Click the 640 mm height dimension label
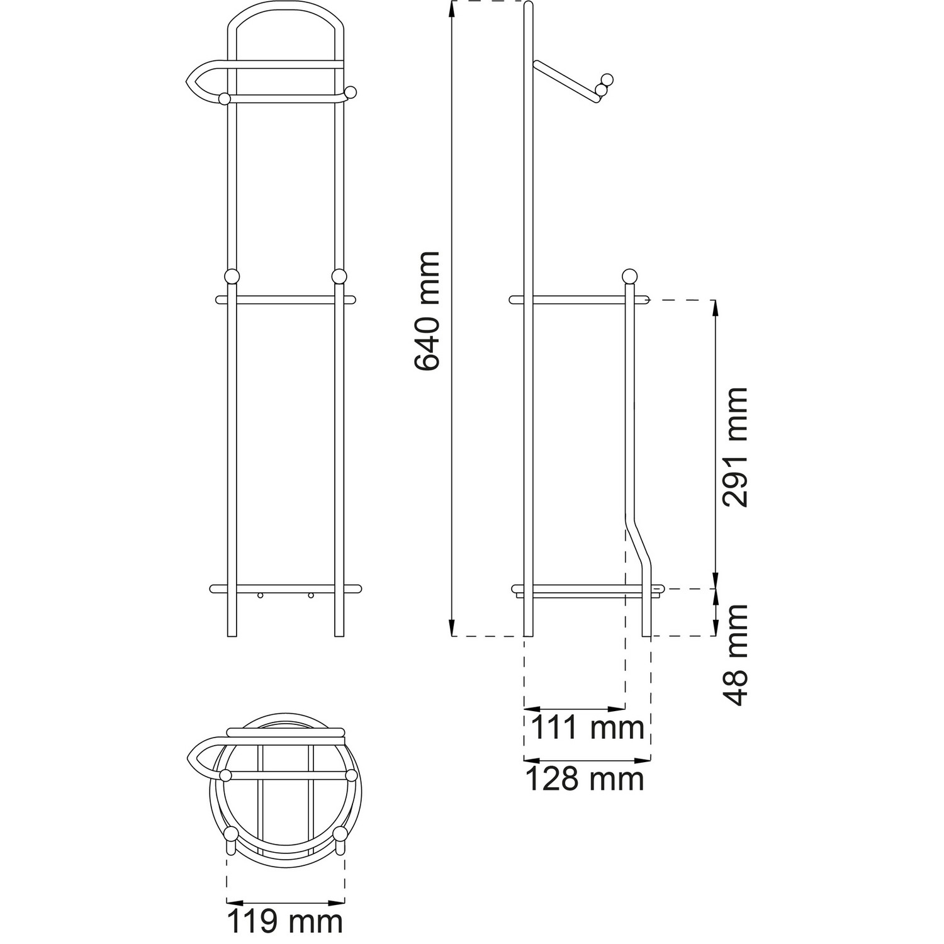(x=427, y=311)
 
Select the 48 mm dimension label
(x=734, y=655)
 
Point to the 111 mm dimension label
(x=588, y=728)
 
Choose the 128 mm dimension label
(x=585, y=779)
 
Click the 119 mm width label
(x=284, y=922)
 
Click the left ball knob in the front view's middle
(x=232, y=277)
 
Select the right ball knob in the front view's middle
(x=339, y=277)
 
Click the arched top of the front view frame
(x=286, y=11)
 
